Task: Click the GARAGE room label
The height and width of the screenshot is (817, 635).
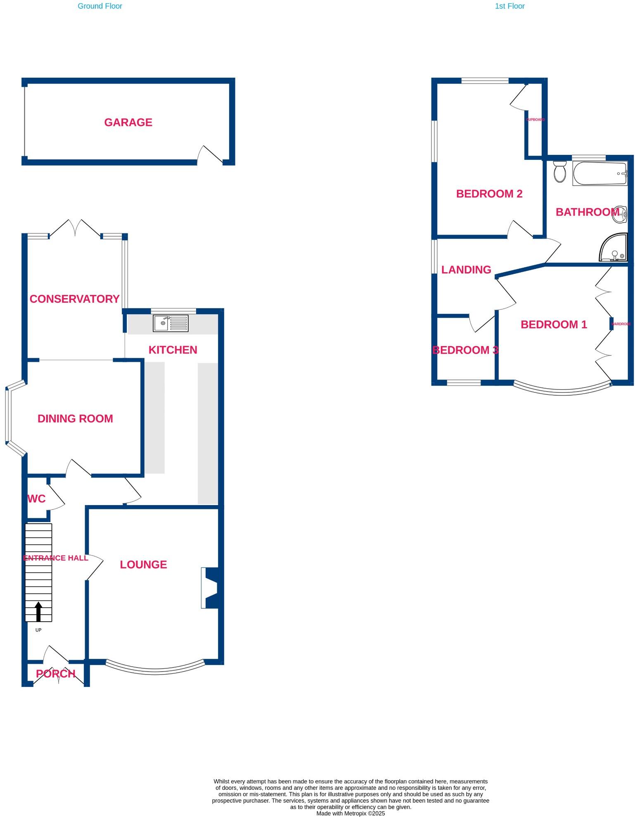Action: [128, 122]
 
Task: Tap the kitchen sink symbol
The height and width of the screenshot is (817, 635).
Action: [171, 323]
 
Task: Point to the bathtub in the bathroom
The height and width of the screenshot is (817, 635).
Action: [599, 173]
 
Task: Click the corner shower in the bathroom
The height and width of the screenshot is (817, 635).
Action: [614, 248]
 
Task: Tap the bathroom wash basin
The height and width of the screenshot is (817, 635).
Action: [620, 214]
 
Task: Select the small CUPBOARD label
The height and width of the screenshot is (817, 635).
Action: [535, 120]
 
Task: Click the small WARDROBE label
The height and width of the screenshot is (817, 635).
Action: [621, 324]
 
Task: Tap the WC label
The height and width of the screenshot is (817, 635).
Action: [36, 499]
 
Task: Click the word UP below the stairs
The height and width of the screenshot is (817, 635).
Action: [38, 630]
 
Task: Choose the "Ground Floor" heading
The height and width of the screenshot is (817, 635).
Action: [100, 6]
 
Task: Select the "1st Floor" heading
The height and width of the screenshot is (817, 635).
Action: [509, 6]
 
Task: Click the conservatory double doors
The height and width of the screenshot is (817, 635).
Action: [75, 228]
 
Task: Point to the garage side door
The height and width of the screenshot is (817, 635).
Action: [210, 156]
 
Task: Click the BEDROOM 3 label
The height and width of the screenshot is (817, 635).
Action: [465, 350]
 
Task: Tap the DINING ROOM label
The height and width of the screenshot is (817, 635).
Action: [75, 419]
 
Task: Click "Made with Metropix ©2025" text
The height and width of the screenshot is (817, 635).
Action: [351, 813]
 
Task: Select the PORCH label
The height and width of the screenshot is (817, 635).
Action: [55, 674]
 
